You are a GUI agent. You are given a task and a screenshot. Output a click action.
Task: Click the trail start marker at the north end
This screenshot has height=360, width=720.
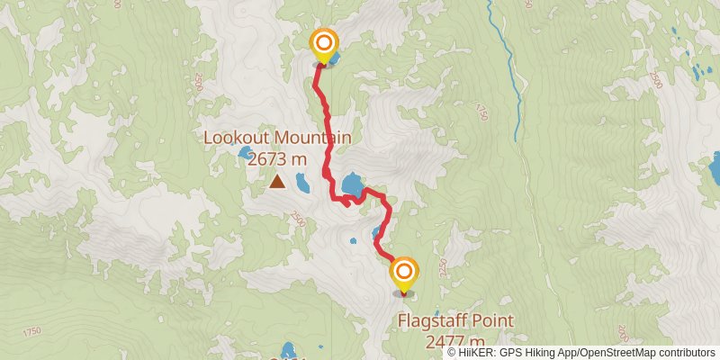(324, 43)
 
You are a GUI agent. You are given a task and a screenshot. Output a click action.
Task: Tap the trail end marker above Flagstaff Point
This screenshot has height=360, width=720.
(404, 271)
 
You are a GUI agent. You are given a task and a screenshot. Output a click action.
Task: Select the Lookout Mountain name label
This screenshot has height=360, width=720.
(277, 138)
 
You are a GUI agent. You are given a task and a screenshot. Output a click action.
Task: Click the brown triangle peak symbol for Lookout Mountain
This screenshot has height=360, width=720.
(277, 183)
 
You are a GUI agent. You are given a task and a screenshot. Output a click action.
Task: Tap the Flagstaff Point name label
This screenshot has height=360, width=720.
(455, 320)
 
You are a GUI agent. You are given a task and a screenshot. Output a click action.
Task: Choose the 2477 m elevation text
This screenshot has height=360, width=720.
(455, 340)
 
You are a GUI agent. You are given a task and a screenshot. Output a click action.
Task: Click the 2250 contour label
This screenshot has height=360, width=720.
(442, 265)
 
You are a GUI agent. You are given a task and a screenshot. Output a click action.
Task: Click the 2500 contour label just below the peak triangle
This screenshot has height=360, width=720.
(297, 219)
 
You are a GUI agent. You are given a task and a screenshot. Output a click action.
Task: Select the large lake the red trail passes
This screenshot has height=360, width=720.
(352, 184)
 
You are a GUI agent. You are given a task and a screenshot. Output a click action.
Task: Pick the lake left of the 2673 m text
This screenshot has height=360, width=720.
(245, 154)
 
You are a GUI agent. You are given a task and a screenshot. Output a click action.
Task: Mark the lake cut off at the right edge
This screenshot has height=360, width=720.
(715, 168)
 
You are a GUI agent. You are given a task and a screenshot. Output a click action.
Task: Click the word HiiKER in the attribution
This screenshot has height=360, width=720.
(476, 352)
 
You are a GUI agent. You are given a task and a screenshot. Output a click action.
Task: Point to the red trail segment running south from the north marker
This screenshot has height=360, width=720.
(320, 99)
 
